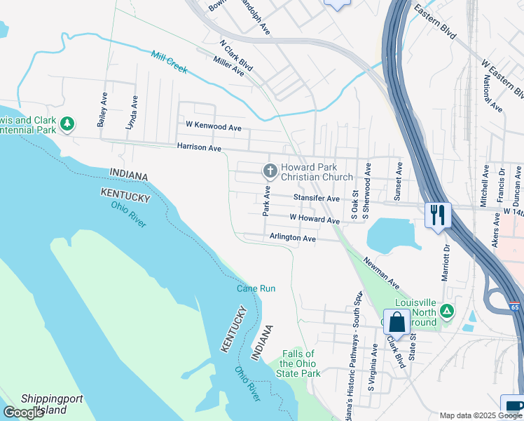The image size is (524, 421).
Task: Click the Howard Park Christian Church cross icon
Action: (269, 171)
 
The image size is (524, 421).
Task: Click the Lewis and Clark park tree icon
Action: (67, 124)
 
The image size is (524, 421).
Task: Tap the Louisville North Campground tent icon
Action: (445, 310)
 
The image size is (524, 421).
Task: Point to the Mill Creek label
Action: (169, 61)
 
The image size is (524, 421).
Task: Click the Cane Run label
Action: (256, 288)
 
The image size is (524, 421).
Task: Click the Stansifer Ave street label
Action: (316, 199)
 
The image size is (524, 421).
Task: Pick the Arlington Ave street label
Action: (292, 239)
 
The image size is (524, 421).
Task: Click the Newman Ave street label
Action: (381, 274)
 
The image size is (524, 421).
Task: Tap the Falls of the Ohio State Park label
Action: (300, 363)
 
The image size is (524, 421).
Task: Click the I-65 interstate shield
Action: (515, 307)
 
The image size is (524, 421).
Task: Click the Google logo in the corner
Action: (24, 413)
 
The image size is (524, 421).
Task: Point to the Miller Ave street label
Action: (229, 67)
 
